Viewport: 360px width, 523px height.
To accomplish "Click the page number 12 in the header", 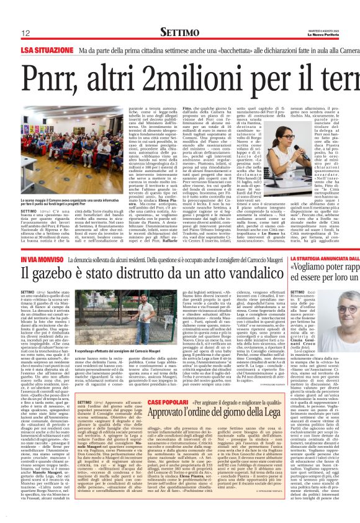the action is pyautogui.click(x=25, y=32).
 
